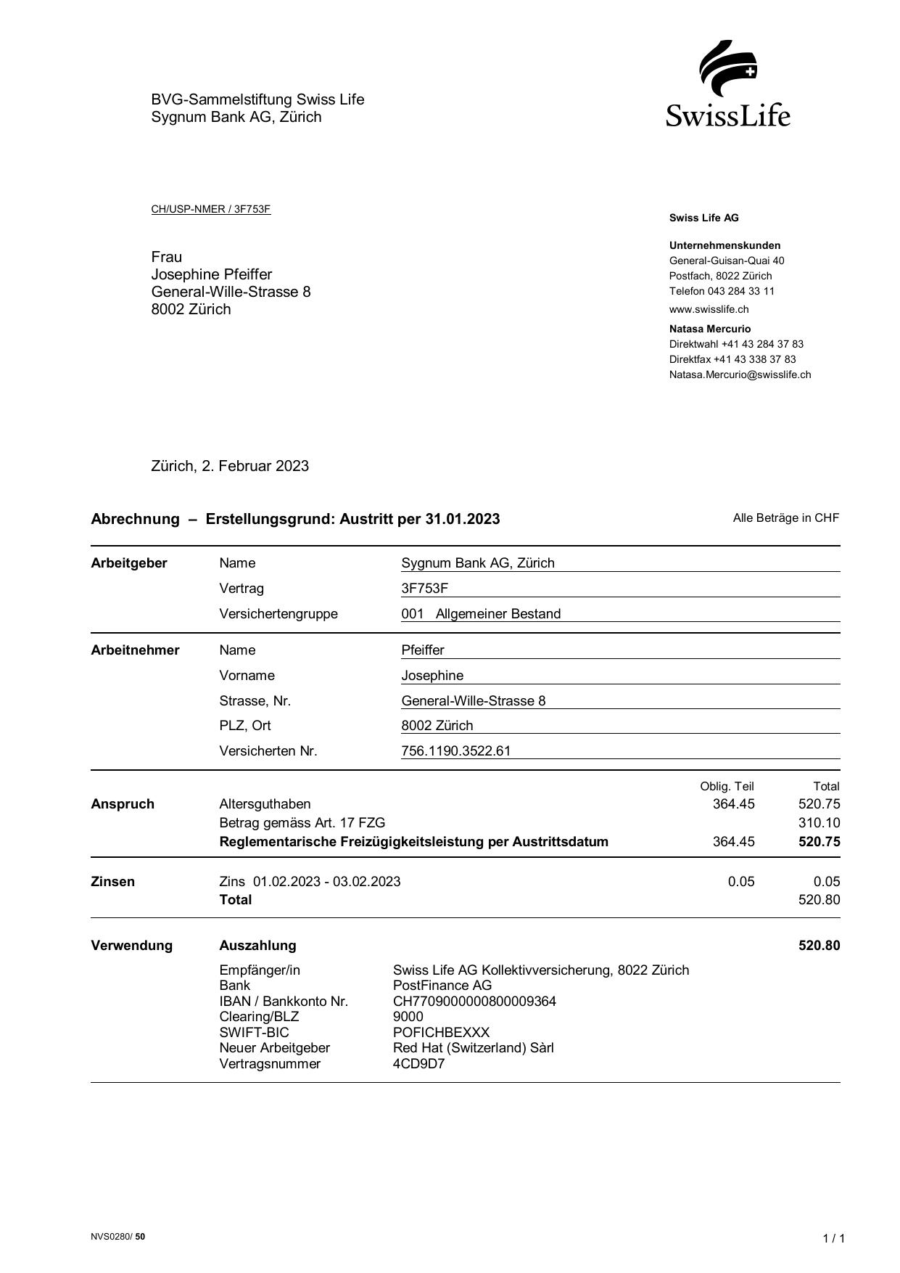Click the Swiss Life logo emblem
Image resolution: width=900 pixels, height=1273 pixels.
click(x=727, y=69)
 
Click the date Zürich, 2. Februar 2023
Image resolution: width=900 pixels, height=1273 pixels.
click(x=230, y=466)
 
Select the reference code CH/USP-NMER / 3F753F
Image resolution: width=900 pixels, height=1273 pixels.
click(x=210, y=210)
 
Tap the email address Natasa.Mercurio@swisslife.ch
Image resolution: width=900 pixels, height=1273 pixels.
click(x=740, y=374)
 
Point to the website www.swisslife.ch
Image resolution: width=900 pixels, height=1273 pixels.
click(x=709, y=309)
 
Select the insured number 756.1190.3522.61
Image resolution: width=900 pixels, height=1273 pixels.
click(x=455, y=751)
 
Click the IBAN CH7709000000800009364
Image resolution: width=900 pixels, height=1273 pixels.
click(x=474, y=1002)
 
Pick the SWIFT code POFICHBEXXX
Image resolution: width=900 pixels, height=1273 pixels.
click(x=441, y=1032)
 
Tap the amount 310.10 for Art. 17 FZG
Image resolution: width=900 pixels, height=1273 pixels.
click(x=819, y=823)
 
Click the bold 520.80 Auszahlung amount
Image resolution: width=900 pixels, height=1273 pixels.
click(x=819, y=946)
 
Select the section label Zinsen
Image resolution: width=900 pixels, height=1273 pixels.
click(x=112, y=882)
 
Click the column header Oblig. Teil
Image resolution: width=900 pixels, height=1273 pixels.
click(x=727, y=786)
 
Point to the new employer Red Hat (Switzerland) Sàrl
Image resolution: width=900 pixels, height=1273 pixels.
click(x=473, y=1048)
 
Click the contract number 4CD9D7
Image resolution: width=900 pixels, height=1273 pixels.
click(x=418, y=1064)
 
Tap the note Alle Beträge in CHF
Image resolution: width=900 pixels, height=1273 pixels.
click(x=785, y=518)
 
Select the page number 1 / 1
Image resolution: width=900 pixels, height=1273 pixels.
click(x=833, y=1238)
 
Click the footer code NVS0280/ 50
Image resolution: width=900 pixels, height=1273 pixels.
click(x=117, y=1237)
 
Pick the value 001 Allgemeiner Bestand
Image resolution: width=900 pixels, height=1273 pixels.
click(x=481, y=614)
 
